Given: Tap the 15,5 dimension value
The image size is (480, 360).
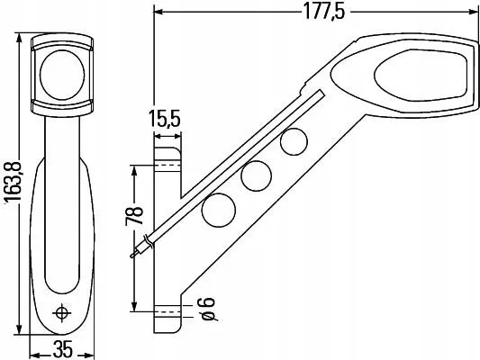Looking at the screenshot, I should click(x=166, y=119).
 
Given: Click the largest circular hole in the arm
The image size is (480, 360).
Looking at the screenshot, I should click(x=218, y=210).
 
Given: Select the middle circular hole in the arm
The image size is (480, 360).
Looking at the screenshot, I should click(x=257, y=175).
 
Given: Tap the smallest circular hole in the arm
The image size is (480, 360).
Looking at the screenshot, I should click(x=292, y=141).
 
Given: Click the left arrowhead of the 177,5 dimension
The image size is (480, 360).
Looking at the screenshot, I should click(x=158, y=12).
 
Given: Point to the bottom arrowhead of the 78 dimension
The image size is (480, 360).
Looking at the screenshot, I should click(x=134, y=306).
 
